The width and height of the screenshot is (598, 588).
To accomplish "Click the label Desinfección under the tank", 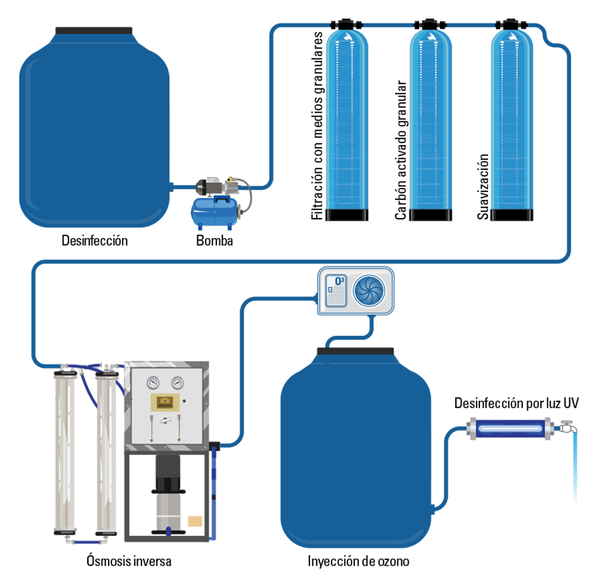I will (x=94, y=241).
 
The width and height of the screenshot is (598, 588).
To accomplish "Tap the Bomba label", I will (x=214, y=241).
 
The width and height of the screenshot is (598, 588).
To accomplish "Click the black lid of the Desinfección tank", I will (x=94, y=31).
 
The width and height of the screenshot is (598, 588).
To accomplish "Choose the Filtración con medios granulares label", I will (x=318, y=125).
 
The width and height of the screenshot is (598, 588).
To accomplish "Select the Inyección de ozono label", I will (x=358, y=561).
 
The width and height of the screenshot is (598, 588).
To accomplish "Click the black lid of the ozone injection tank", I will (x=355, y=351).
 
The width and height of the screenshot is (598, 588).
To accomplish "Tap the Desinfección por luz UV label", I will (x=516, y=404).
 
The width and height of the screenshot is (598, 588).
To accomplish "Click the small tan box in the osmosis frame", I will (x=195, y=522).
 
